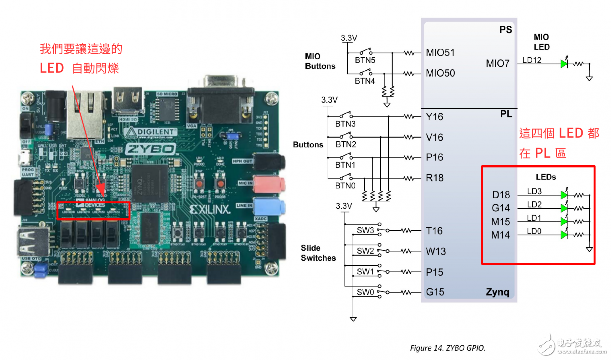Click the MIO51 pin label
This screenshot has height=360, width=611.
pos(440,52)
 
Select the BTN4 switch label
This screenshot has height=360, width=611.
pos(365,80)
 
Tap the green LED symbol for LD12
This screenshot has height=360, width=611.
pos(565,64)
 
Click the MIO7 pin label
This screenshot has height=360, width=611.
pos(497,64)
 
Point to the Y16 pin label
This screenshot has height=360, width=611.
pos(434,116)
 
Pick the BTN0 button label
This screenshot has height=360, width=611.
pos(345,185)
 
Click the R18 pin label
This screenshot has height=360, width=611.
pos(434,178)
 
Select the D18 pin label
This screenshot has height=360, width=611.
pos(501,195)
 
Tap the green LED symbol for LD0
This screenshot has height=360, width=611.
pos(565,234)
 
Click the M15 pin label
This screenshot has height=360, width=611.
pos(501,221)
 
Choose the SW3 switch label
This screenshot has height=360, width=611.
pos(365,231)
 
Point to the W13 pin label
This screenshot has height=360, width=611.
pos(436,251)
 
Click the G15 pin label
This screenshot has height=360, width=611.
pos(435,292)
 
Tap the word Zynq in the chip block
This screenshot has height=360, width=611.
pos(497,292)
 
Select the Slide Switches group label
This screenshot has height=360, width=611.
pos(318,253)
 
